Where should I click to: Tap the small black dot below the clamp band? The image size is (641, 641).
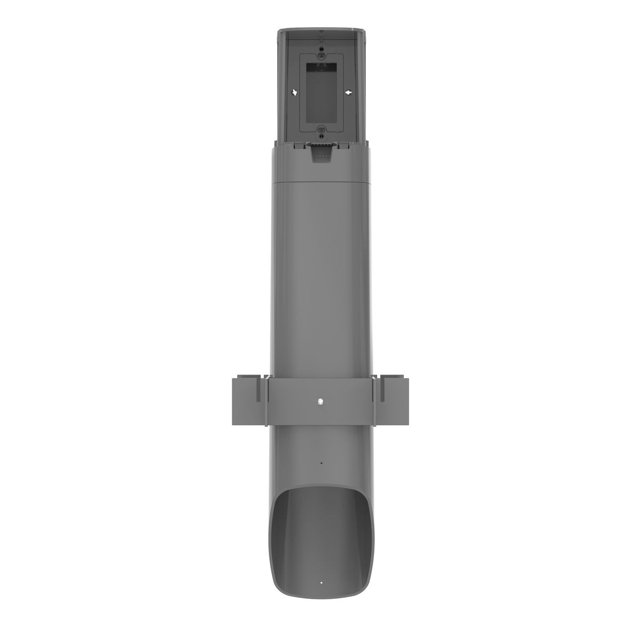pos(320,463)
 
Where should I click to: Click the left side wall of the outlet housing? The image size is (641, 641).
pos(284,85)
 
